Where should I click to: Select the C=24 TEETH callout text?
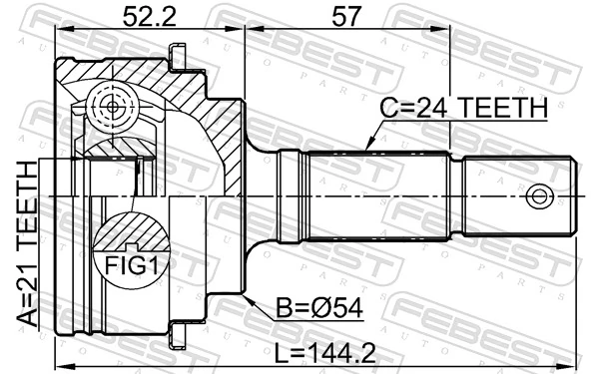464,108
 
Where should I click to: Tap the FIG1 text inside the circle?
133,265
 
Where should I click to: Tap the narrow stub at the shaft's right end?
519,195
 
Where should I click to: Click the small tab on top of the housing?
180,58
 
